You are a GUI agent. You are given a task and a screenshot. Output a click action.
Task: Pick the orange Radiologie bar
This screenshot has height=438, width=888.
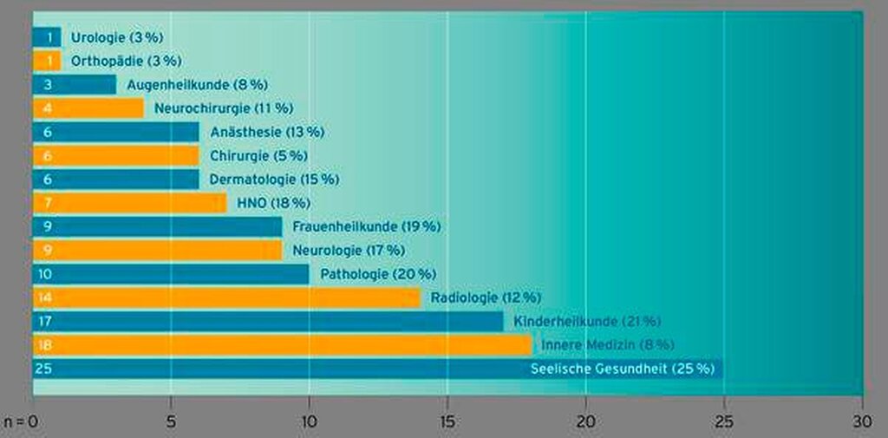click(226, 297)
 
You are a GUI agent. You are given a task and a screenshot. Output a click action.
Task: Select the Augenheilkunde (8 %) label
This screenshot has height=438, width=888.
click(197, 85)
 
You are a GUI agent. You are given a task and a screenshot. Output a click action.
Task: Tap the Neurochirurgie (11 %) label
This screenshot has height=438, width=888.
click(224, 108)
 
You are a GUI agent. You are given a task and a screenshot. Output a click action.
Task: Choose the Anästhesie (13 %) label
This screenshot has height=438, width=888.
click(267, 132)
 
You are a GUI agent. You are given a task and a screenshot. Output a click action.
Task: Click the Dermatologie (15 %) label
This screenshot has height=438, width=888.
click(274, 180)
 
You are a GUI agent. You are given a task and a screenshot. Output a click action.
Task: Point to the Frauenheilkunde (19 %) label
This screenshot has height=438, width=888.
click(367, 226)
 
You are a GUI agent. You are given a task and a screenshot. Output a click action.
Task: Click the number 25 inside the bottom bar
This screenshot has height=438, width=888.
click(42, 369)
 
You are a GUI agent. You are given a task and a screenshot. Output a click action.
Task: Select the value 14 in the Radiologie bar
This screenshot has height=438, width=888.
click(42, 297)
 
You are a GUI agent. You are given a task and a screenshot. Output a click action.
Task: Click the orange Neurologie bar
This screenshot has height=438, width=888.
click(157, 251)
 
